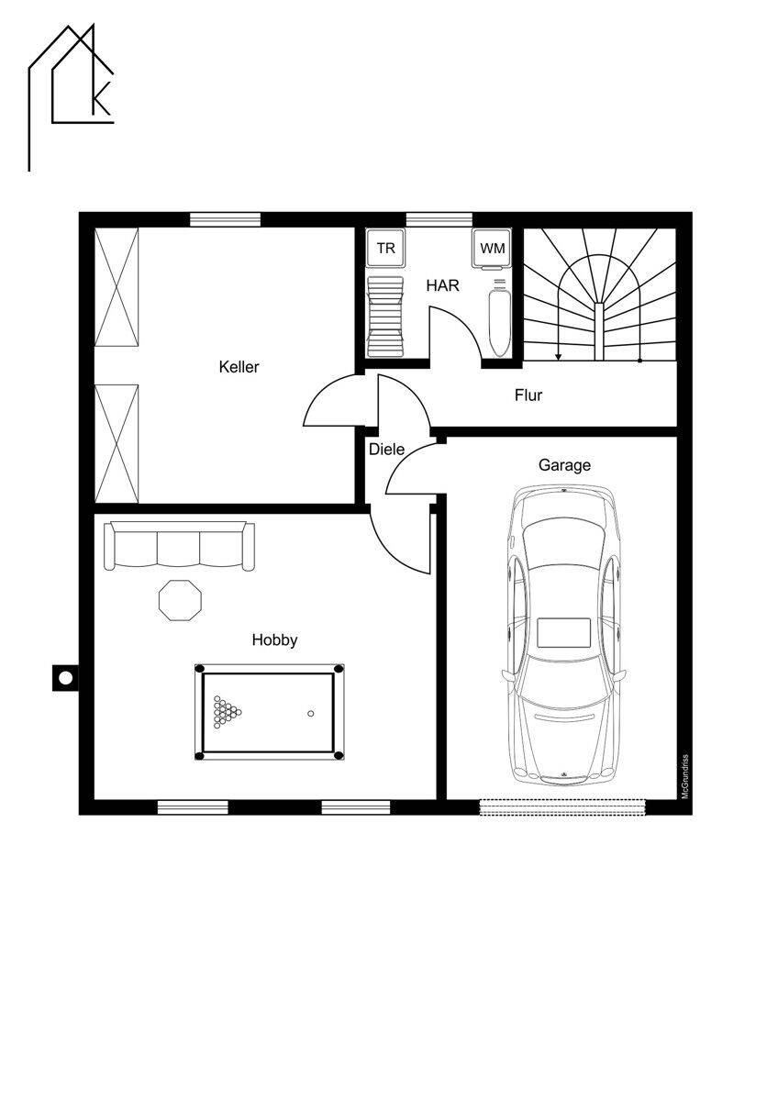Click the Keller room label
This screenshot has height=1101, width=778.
239,367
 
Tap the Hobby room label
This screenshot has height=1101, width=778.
274,640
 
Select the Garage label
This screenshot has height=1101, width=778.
565,465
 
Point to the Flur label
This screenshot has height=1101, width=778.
528,395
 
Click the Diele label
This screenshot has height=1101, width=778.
387,450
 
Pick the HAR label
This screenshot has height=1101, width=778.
442,285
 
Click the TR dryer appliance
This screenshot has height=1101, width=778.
386,248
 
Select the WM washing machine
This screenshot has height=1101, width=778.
492,250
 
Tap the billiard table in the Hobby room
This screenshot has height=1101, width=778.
270,712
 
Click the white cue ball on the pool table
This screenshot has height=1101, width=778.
311,714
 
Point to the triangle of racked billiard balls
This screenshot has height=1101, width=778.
227,712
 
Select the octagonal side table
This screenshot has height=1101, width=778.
181,600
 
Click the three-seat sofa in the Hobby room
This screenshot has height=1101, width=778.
180,546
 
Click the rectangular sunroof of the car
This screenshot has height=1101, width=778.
563,633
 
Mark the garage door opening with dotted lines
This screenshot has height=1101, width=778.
562,807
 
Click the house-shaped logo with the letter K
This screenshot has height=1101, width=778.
72,97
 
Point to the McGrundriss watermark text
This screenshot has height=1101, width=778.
685,776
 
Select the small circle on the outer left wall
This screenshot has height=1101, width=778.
65,678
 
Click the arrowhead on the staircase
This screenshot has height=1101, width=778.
558,357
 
